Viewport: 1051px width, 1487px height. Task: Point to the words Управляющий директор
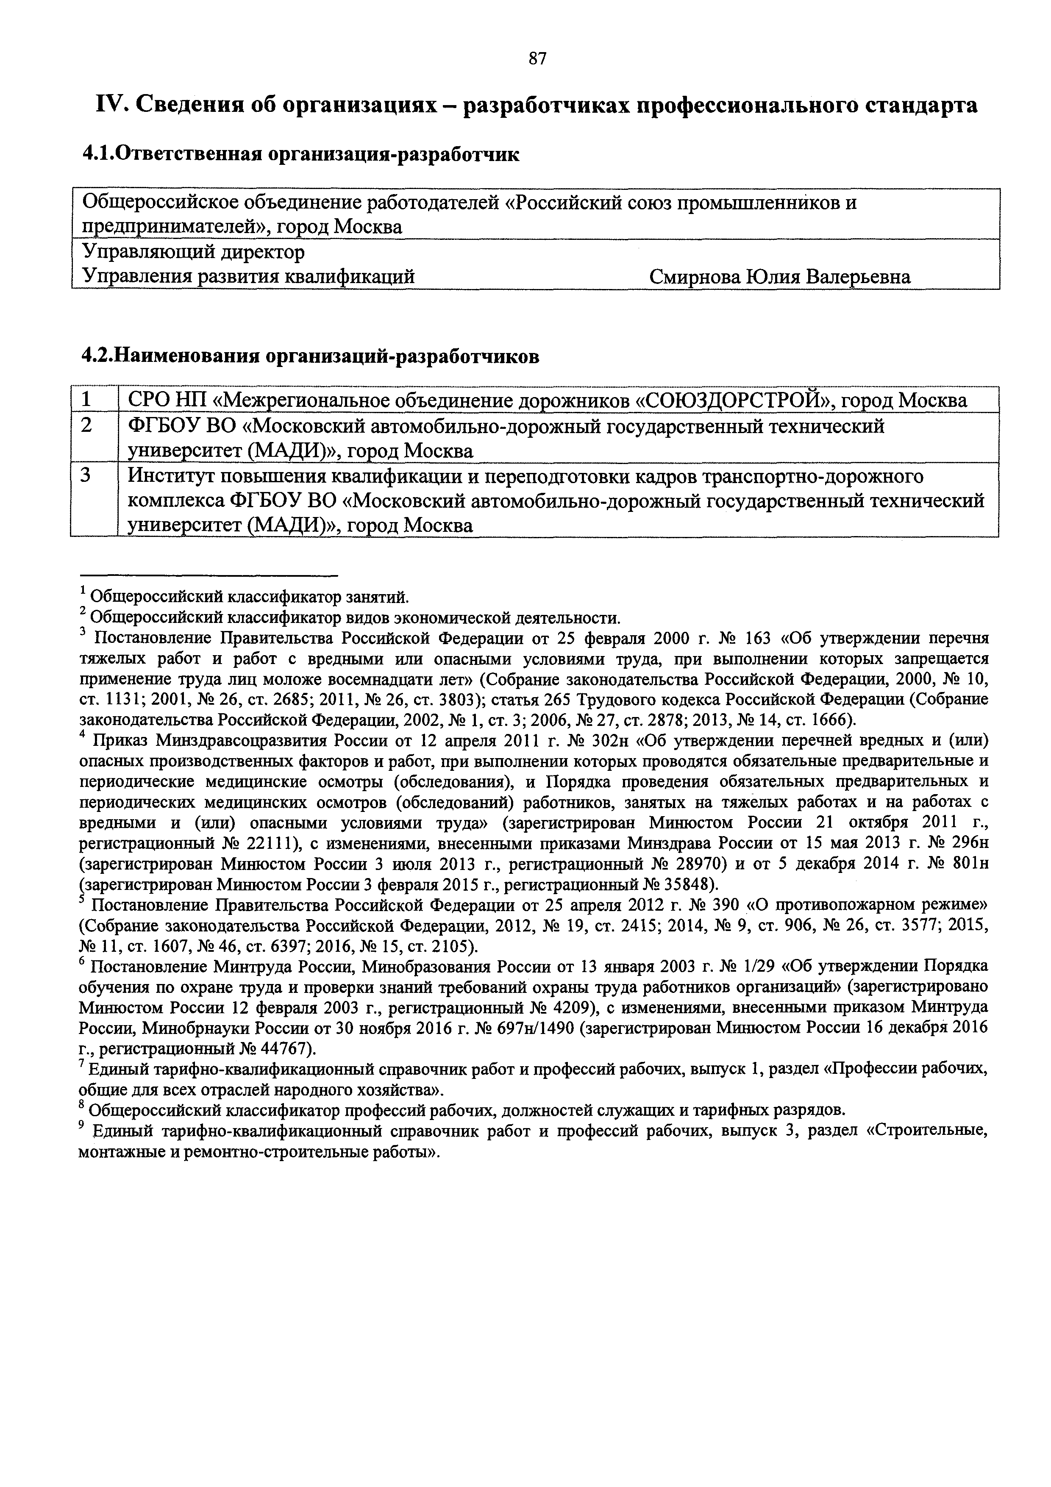[x=193, y=252]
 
